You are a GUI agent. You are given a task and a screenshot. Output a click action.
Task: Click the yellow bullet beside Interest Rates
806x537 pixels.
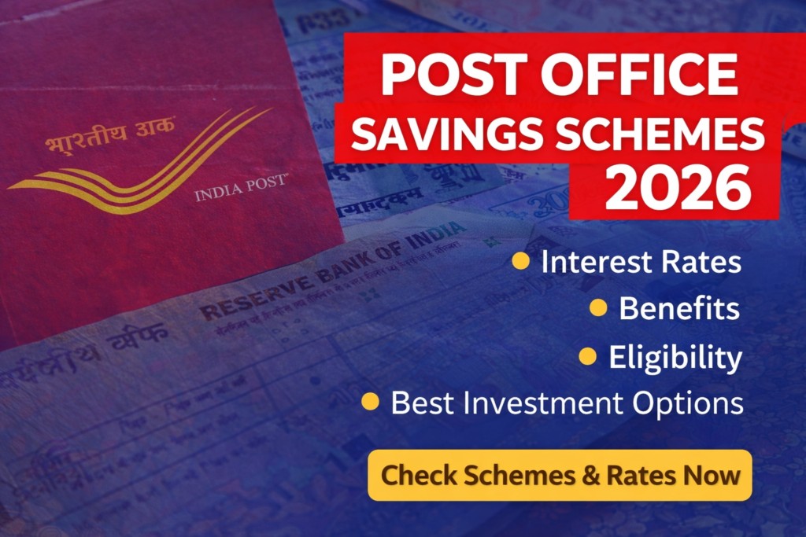tap(520, 261)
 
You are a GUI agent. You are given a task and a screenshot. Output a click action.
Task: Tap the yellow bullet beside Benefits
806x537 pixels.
tap(598, 308)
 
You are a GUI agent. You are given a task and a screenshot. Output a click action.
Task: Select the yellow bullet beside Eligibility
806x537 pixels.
tap(587, 356)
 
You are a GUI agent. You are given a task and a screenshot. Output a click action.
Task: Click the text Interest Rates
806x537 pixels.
tap(641, 262)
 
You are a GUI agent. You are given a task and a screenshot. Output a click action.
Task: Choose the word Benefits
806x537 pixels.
tap(679, 308)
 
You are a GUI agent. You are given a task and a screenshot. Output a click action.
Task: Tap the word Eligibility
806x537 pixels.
tap(675, 357)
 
